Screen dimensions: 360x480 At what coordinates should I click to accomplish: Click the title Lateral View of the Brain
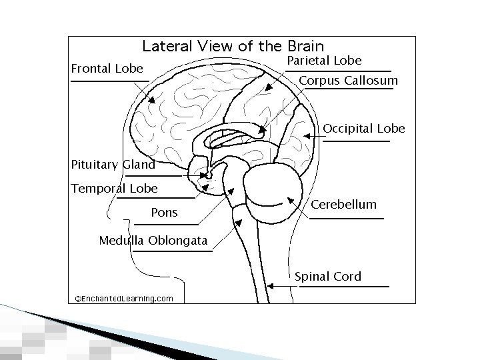pyautogui.click(x=233, y=46)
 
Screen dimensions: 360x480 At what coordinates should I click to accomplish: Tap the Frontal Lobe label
pyautogui.click(x=107, y=69)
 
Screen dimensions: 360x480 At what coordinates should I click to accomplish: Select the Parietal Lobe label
pyautogui.click(x=324, y=61)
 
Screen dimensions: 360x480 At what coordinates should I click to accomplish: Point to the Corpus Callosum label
pyautogui.click(x=349, y=81)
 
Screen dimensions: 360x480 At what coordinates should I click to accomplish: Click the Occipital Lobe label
pyautogui.click(x=364, y=128)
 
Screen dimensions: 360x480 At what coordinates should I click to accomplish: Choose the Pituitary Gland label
pyautogui.click(x=113, y=165)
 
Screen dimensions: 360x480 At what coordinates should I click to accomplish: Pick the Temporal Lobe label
pyautogui.click(x=114, y=188)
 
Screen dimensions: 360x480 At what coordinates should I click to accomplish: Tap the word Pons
pyautogui.click(x=165, y=213)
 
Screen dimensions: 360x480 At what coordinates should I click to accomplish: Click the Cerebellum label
pyautogui.click(x=344, y=205)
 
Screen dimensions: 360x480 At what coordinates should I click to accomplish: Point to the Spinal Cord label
pyautogui.click(x=328, y=276)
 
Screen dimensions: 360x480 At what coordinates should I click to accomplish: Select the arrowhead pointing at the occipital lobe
pyautogui.click(x=307, y=135)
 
